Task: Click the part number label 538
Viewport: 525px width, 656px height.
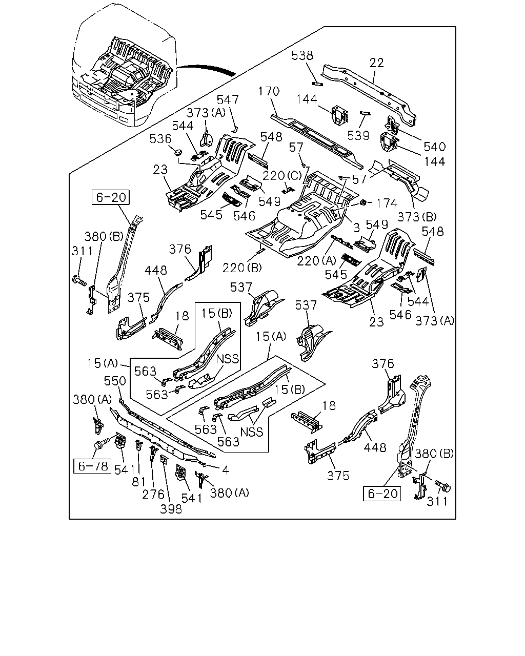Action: [x=302, y=55]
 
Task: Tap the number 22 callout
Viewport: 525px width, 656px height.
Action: [x=376, y=63]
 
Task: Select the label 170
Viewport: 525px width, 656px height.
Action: [x=269, y=91]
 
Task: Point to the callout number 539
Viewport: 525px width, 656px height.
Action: [x=358, y=135]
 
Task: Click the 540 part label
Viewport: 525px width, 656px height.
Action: [x=435, y=147]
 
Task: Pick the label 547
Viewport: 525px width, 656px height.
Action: [x=228, y=99]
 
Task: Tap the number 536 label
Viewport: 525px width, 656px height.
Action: [x=160, y=139]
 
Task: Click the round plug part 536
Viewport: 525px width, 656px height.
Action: [x=178, y=152]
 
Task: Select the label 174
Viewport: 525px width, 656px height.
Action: [x=387, y=203]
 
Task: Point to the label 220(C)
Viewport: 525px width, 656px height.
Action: [x=282, y=176]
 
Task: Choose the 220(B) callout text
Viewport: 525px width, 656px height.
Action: [x=242, y=268]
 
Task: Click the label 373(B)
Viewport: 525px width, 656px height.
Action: [x=417, y=217]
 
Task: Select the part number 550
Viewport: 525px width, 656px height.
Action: [x=115, y=381]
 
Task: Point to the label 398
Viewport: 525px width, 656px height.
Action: [x=171, y=509]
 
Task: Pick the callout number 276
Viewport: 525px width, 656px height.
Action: [x=153, y=494]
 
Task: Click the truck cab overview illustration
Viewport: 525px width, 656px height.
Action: [x=125, y=66]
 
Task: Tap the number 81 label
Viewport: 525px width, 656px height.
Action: [x=139, y=482]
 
